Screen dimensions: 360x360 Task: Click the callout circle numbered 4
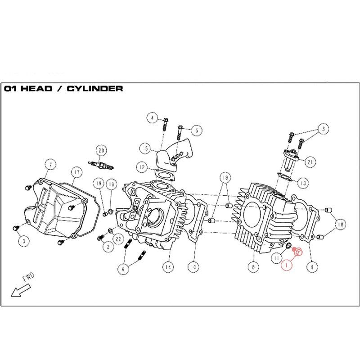[153, 118]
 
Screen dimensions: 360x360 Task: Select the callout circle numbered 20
[101, 150]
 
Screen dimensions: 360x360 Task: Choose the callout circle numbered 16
[112, 183]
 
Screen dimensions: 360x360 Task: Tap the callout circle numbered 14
[168, 266]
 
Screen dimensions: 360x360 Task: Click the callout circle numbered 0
[194, 266]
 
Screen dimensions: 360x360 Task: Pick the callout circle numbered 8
[253, 266]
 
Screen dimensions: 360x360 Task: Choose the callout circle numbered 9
[310, 266]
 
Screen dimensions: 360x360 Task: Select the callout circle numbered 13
[303, 183]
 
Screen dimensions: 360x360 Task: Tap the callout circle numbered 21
[310, 161]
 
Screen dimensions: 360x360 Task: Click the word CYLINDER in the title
[94, 89]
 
